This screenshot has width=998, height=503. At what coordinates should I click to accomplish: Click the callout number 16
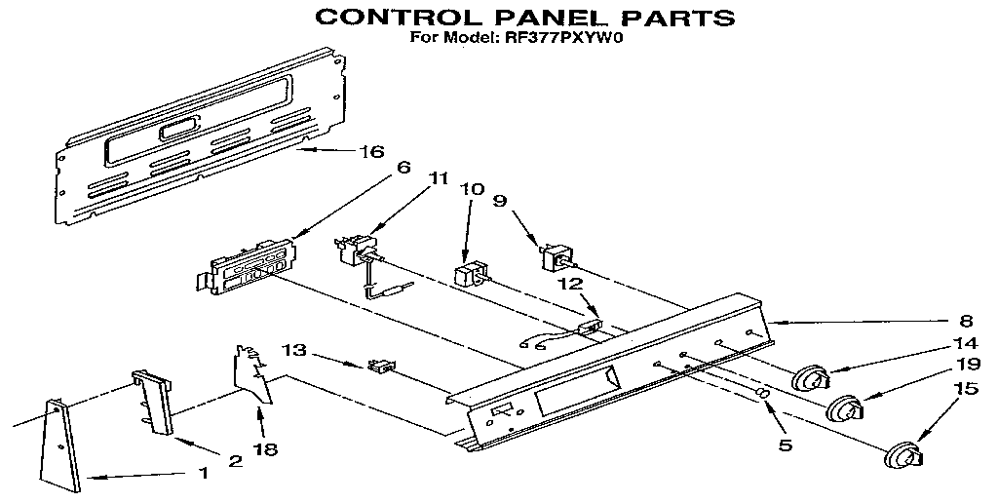click(x=372, y=152)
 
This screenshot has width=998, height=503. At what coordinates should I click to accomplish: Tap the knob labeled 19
click(x=846, y=408)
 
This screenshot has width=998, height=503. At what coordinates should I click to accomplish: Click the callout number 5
click(x=786, y=446)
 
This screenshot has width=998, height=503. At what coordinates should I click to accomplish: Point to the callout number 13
click(x=295, y=350)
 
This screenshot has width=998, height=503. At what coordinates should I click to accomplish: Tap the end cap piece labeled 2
click(x=154, y=400)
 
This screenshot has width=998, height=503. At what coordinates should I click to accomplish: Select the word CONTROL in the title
click(x=388, y=17)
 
